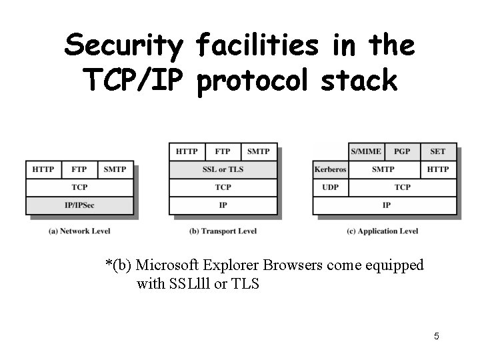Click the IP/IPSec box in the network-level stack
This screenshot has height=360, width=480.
(x=79, y=205)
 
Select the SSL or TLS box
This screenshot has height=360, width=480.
(x=223, y=169)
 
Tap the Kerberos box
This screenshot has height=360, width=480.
(x=331, y=169)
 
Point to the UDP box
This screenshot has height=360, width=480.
(x=331, y=187)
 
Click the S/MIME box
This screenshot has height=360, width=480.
(x=366, y=151)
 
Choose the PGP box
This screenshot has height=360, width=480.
(x=402, y=151)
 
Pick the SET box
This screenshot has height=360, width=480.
(x=438, y=151)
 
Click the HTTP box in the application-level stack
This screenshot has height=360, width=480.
(x=438, y=169)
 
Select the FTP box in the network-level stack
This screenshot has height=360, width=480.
(x=79, y=169)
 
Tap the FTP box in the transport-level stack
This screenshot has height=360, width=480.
(x=223, y=151)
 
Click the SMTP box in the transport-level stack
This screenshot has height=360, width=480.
(x=259, y=151)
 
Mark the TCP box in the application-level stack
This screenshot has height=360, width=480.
(x=402, y=187)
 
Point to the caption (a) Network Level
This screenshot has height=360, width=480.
(x=79, y=231)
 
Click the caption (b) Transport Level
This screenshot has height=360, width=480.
(x=223, y=231)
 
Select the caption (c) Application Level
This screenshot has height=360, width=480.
(x=383, y=231)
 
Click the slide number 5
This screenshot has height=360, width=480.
(x=436, y=336)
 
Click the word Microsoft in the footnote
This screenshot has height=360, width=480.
(x=167, y=265)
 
